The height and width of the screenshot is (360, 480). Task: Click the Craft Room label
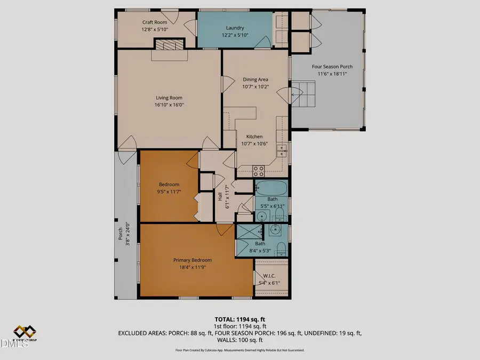155,22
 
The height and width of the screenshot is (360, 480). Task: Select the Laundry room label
235,28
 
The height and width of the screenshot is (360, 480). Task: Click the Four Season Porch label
330,67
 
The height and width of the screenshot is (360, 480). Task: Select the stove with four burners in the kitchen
258,171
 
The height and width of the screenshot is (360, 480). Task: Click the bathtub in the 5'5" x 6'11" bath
272,189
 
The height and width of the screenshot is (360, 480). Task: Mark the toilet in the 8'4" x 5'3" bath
281,249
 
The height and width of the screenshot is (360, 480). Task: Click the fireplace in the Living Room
167,46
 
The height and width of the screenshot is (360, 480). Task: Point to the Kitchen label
255,137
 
